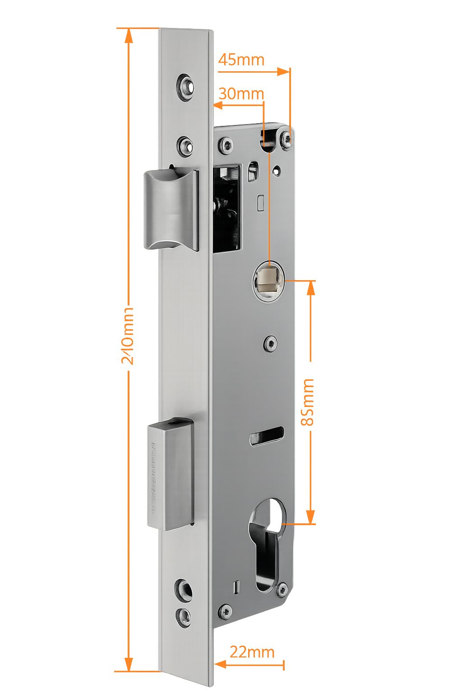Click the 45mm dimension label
coord(241,60)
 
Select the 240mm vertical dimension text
coord(129,336)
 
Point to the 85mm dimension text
coord(309,402)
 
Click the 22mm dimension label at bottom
coord(252,652)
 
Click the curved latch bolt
coord(171,210)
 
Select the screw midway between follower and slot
coord(270,344)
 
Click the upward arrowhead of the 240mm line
coord(129,36)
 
